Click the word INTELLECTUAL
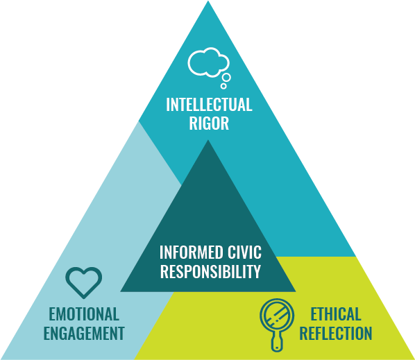(209, 105)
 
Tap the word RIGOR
(209, 123)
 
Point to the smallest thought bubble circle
(223, 87)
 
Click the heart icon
(83, 282)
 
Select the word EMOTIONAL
(83, 314)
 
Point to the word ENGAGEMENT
(83, 334)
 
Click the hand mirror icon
(275, 322)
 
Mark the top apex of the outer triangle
(208, 2)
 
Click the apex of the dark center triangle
(208, 142)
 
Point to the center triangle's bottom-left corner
(122, 291)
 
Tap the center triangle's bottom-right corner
(294, 291)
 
